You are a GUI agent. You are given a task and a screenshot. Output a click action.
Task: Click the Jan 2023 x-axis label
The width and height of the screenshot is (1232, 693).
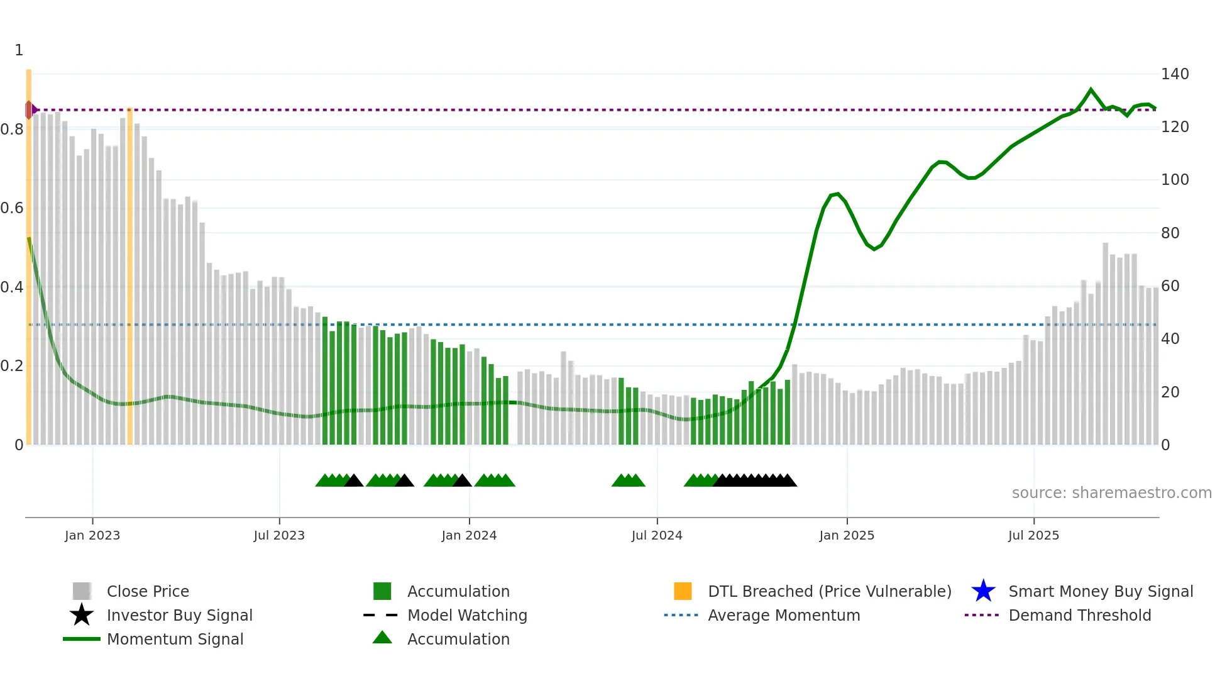coord(92,535)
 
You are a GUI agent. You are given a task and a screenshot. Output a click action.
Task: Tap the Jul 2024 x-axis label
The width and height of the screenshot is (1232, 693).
coord(657,535)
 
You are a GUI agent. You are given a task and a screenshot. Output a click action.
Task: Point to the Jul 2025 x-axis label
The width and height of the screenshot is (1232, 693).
coord(1033,535)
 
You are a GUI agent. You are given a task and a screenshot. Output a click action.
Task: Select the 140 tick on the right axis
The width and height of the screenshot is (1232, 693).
coord(1174,74)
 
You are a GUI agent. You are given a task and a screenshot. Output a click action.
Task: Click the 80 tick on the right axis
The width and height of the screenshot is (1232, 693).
coord(1170,233)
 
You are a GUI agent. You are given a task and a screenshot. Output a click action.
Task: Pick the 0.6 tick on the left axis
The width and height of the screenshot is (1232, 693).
coord(12,208)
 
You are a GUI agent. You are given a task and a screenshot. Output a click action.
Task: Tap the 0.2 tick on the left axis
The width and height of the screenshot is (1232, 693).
coord(12,366)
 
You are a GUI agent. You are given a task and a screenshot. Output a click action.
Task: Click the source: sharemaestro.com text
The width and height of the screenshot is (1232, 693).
coord(1111,493)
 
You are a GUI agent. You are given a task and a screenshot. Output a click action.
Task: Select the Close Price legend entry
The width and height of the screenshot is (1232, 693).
coord(148,591)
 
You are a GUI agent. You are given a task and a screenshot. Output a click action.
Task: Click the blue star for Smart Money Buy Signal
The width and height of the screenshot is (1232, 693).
coord(983,591)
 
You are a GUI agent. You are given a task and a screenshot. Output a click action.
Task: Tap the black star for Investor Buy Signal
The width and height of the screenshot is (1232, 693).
coord(82,615)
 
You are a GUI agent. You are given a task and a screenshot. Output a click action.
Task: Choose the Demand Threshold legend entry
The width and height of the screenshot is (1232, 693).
coord(1079,615)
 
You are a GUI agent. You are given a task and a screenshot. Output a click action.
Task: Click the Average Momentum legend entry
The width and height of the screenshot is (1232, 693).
coord(783,615)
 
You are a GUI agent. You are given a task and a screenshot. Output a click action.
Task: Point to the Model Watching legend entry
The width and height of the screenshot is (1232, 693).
coord(466,615)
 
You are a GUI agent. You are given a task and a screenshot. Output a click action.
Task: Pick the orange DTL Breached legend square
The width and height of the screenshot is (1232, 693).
coord(683,591)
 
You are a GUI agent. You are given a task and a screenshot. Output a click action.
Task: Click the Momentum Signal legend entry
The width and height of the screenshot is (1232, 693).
coord(175,639)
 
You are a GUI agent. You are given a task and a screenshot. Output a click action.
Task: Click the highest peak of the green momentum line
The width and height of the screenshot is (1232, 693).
coord(1091,90)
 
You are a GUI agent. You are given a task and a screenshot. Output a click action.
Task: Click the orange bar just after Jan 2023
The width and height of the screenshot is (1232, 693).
coord(129,277)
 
